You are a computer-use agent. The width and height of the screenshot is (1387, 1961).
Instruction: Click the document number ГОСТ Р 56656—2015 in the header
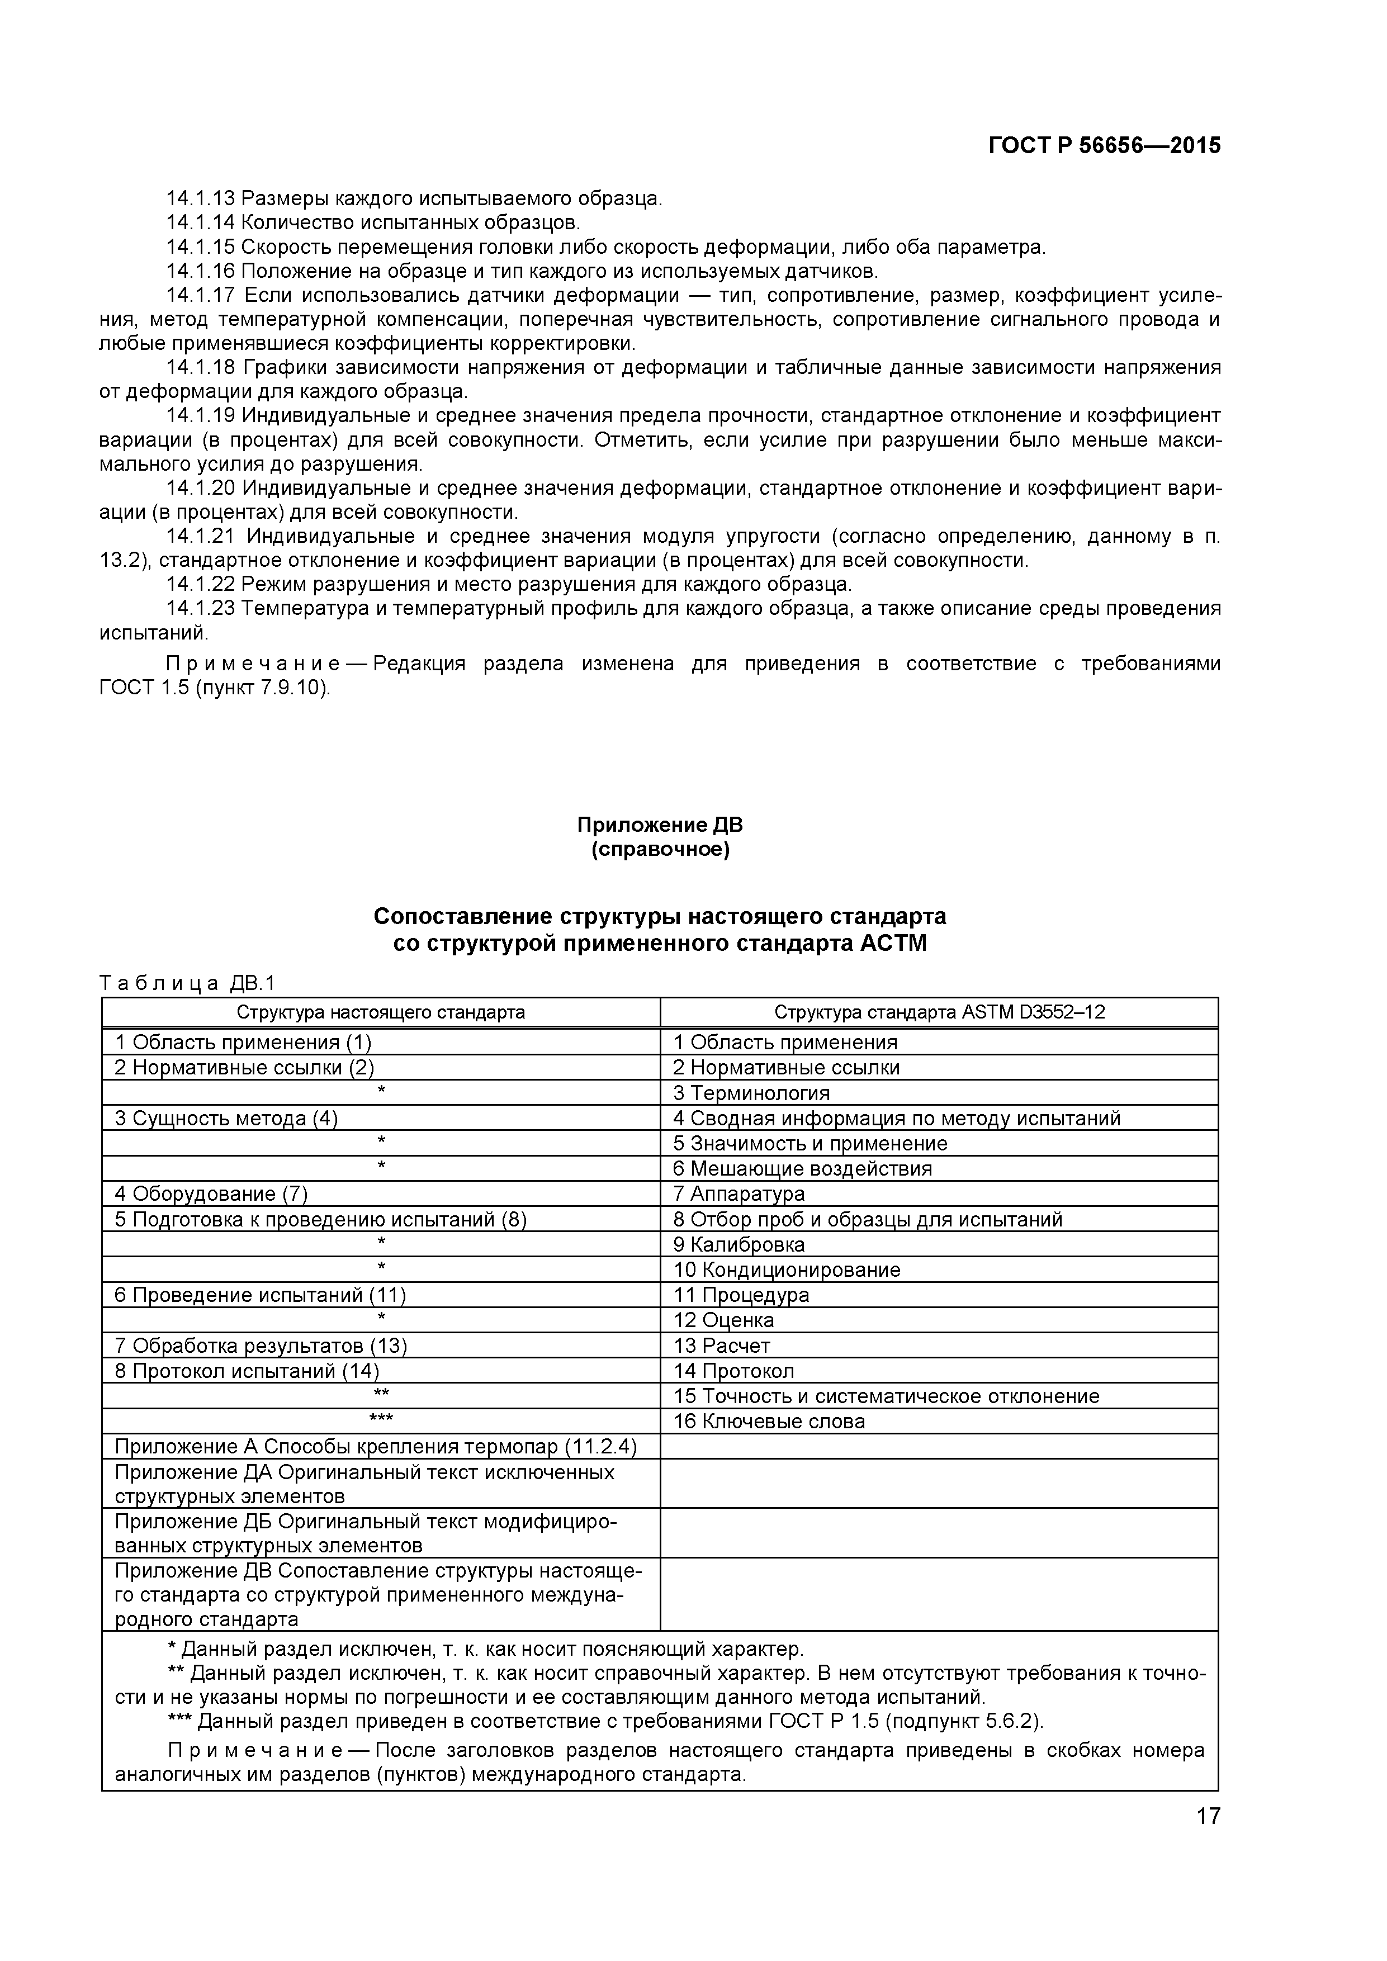point(1104,146)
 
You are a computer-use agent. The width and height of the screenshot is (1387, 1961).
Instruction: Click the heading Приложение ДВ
point(659,825)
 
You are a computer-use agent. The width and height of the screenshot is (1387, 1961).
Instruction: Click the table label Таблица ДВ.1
point(187,983)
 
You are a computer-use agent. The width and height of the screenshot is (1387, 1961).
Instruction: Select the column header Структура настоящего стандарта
point(380,1012)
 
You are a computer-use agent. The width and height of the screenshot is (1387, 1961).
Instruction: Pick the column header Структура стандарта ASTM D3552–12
point(939,1012)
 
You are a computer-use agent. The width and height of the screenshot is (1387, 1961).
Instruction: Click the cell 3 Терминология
point(751,1093)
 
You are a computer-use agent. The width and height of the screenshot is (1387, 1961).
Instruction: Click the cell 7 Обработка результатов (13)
point(261,1346)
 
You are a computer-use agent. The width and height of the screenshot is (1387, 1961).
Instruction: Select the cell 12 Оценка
point(723,1320)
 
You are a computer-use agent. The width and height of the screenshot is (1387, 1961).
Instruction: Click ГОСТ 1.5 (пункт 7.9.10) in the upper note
point(214,688)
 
